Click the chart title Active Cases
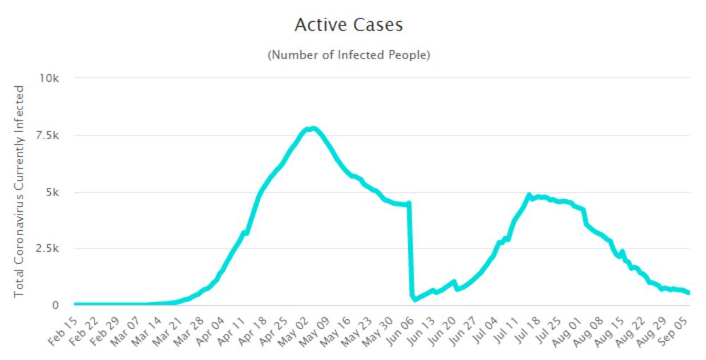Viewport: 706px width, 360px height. [x=348, y=25]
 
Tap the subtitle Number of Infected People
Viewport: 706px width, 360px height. [x=348, y=55]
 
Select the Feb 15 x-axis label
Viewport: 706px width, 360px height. [x=62, y=331]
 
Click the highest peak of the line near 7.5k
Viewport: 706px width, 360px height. [x=313, y=128]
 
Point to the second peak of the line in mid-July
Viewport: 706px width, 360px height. [x=529, y=195]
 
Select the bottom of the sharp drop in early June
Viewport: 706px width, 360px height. [x=414, y=299]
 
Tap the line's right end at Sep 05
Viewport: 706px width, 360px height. [x=688, y=293]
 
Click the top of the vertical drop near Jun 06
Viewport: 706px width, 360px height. [x=409, y=204]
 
